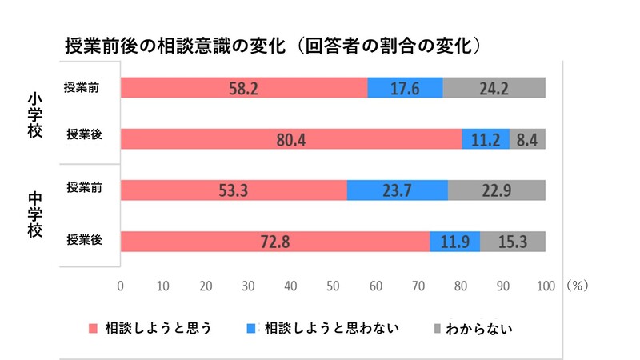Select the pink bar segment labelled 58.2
(243, 88)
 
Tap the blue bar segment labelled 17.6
(405, 88)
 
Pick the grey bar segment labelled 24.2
(494, 88)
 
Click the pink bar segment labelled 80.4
(291, 139)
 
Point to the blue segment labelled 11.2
(486, 139)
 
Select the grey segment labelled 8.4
(527, 139)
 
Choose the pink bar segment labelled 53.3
(234, 190)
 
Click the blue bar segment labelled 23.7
(397, 190)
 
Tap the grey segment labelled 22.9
(497, 190)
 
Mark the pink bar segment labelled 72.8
(274, 242)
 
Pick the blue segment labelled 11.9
(454, 242)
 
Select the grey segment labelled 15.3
(513, 242)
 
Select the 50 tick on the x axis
(333, 286)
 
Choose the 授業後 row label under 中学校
(84, 240)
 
